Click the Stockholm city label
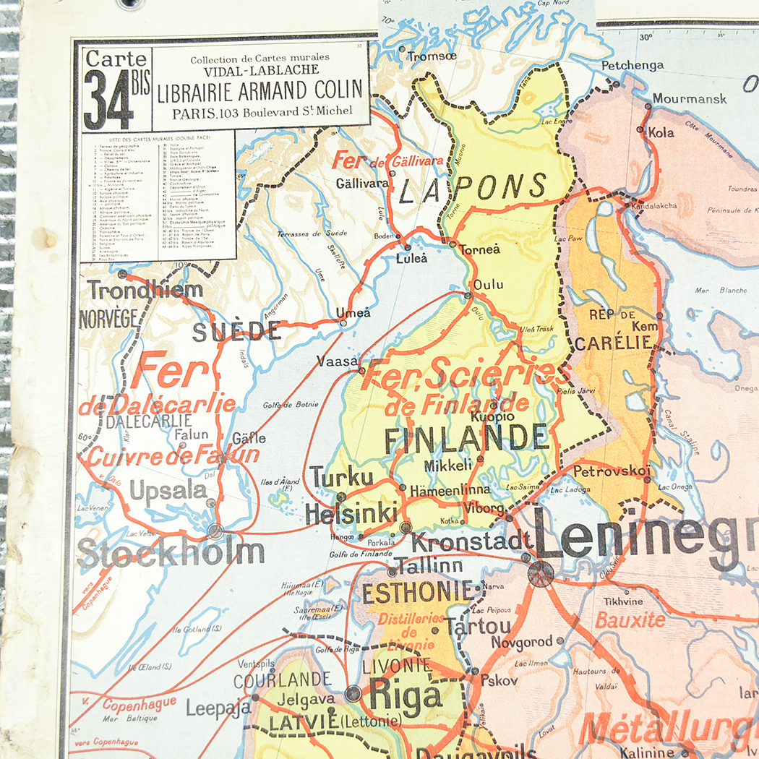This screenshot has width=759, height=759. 171,553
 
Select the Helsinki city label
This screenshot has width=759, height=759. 351,513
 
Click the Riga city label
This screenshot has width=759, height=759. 405,696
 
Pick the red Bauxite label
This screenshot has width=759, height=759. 630,619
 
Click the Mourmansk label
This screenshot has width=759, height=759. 689,98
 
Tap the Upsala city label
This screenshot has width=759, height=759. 168,490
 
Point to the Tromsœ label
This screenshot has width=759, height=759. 432,56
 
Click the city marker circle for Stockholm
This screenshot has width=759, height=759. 215,531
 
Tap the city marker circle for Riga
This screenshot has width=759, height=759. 353,693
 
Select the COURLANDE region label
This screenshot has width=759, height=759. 282,679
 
